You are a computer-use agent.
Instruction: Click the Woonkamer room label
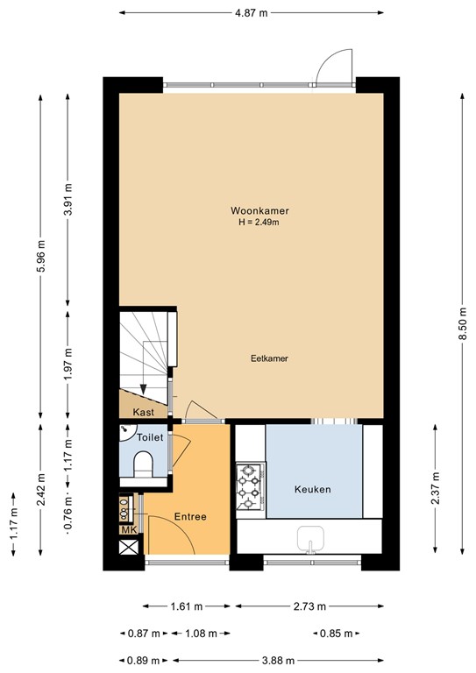[259, 210]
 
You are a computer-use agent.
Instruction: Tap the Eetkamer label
[269, 358]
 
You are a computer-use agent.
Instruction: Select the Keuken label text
[312, 489]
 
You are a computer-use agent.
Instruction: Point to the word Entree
[190, 517]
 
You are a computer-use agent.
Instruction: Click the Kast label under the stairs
[144, 413]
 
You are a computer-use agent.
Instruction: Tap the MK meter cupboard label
[129, 530]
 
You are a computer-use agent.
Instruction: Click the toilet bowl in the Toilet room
[144, 464]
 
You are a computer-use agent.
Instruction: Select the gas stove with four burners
[251, 487]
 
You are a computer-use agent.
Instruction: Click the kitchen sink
[310, 539]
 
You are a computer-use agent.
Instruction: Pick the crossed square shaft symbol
[129, 547]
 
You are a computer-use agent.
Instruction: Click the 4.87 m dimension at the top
[251, 13]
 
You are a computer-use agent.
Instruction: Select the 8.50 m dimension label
[463, 323]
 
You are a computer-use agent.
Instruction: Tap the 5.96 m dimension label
[41, 256]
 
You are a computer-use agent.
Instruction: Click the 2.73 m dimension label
[309, 606]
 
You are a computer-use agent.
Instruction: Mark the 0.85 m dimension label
[336, 633]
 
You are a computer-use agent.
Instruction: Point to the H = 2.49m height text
[259, 223]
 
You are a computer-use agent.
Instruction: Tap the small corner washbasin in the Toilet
[125, 430]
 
